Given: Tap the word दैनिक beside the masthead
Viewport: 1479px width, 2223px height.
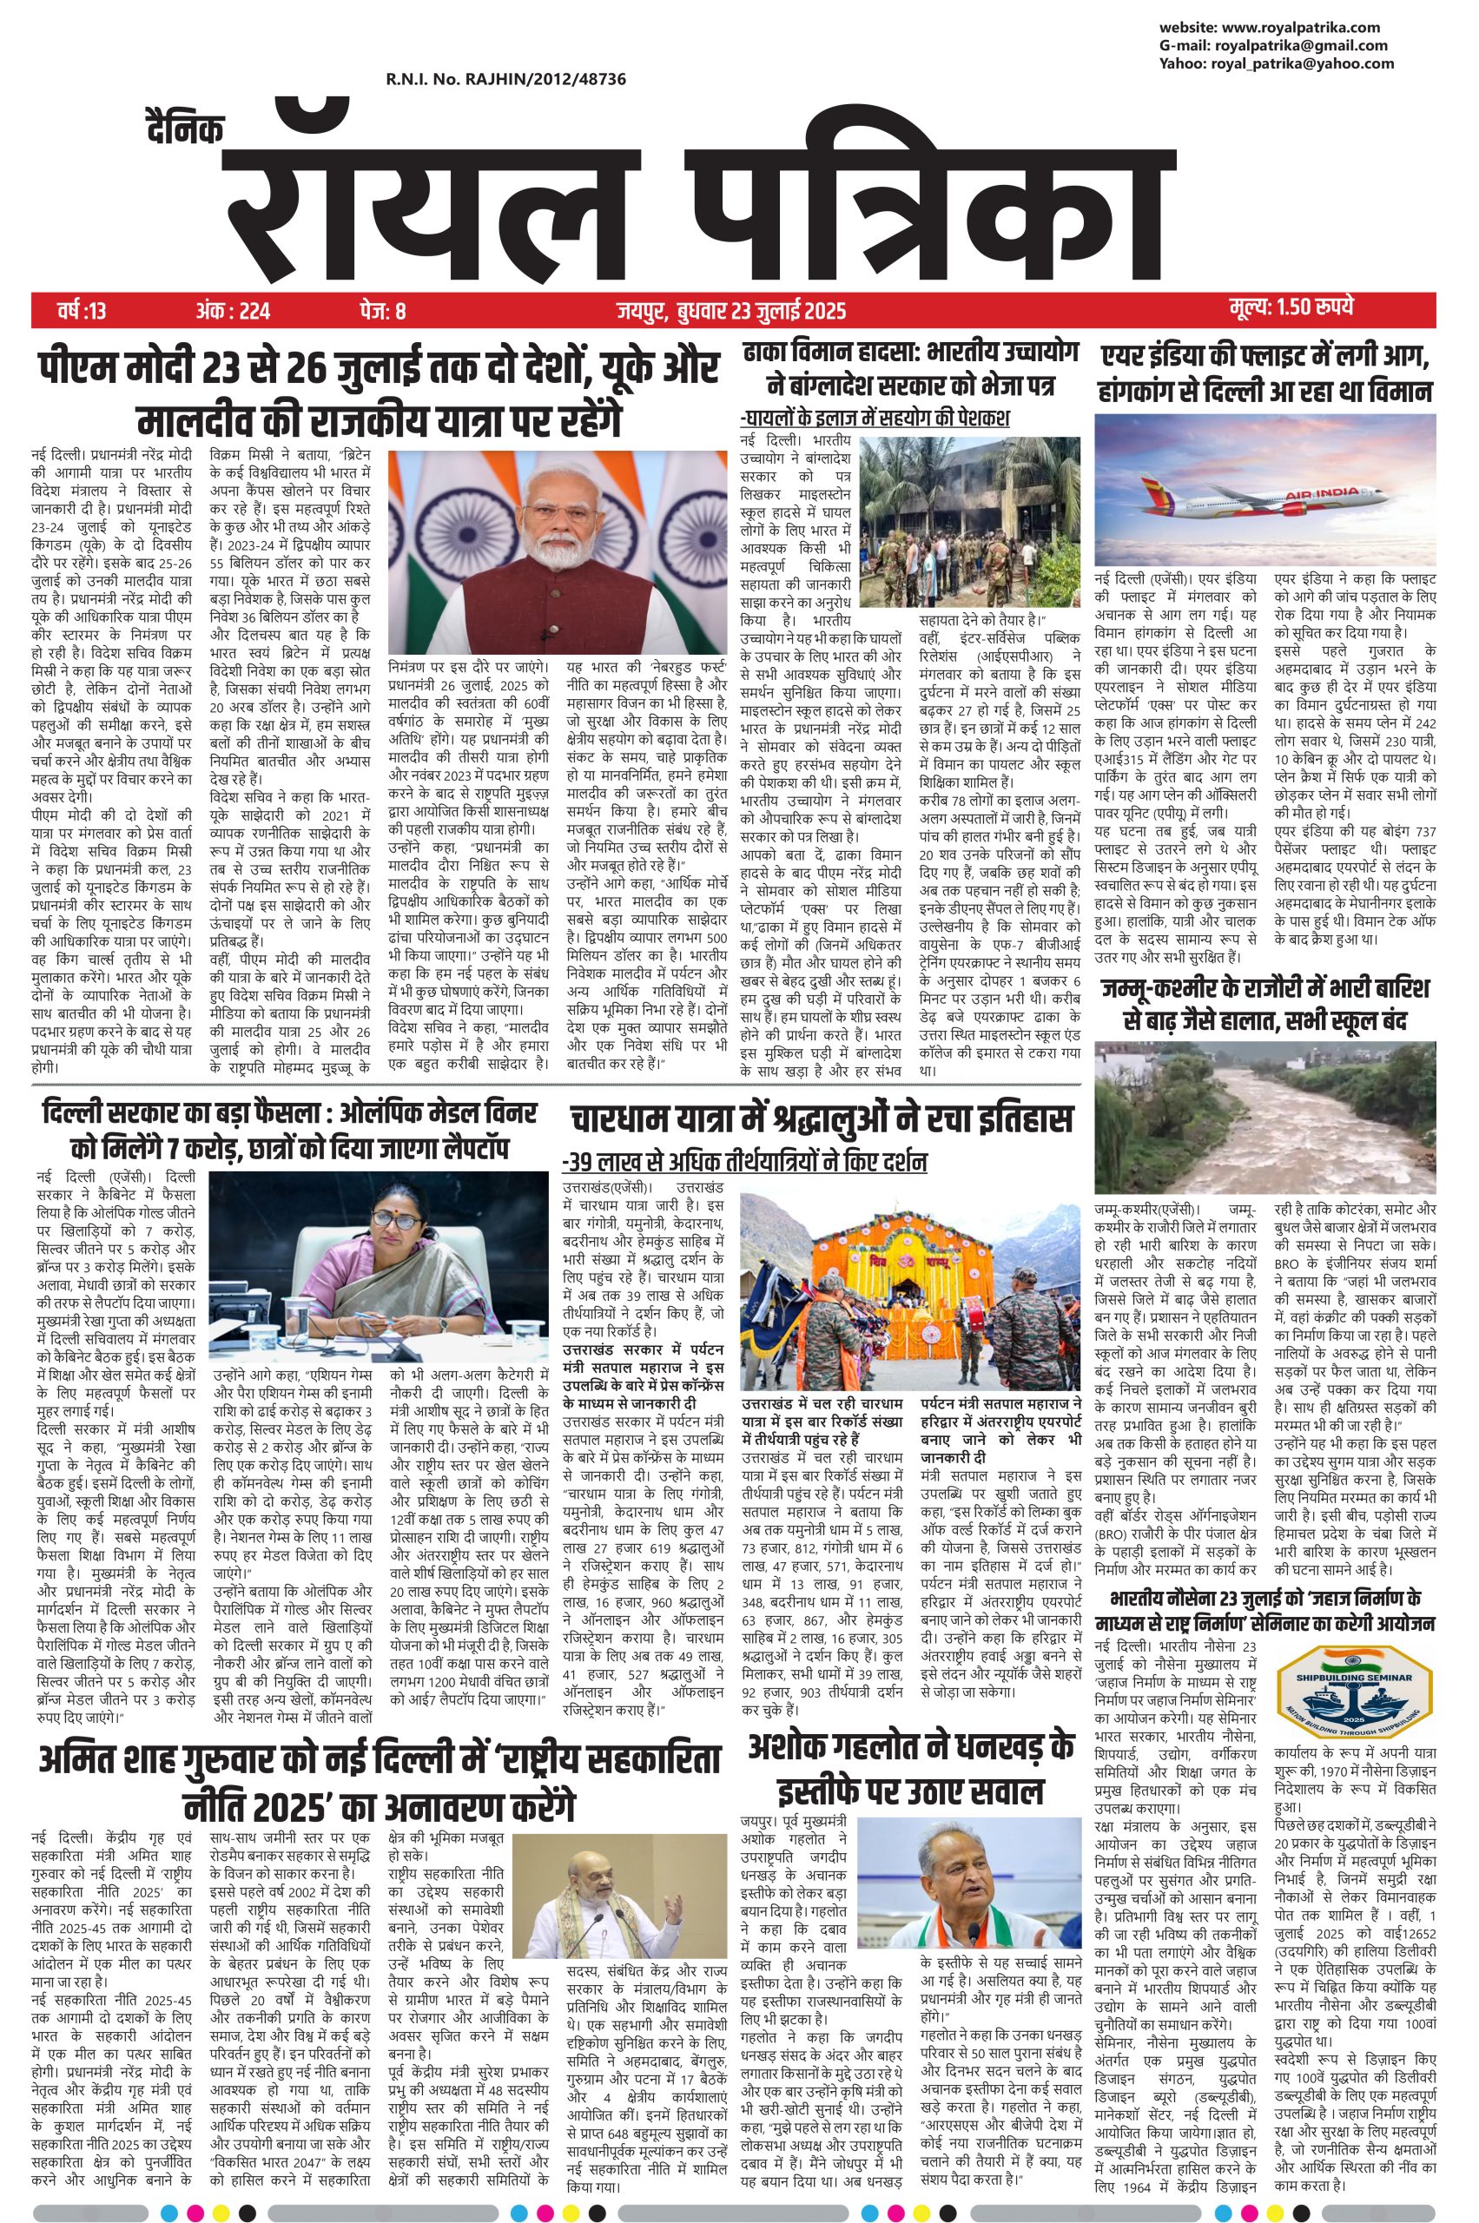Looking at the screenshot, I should pos(186,130).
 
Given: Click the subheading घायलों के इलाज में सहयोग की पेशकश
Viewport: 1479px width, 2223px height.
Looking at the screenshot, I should pos(875,417).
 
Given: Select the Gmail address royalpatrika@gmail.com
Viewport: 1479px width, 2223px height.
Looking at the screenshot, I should pos(1273,45).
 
